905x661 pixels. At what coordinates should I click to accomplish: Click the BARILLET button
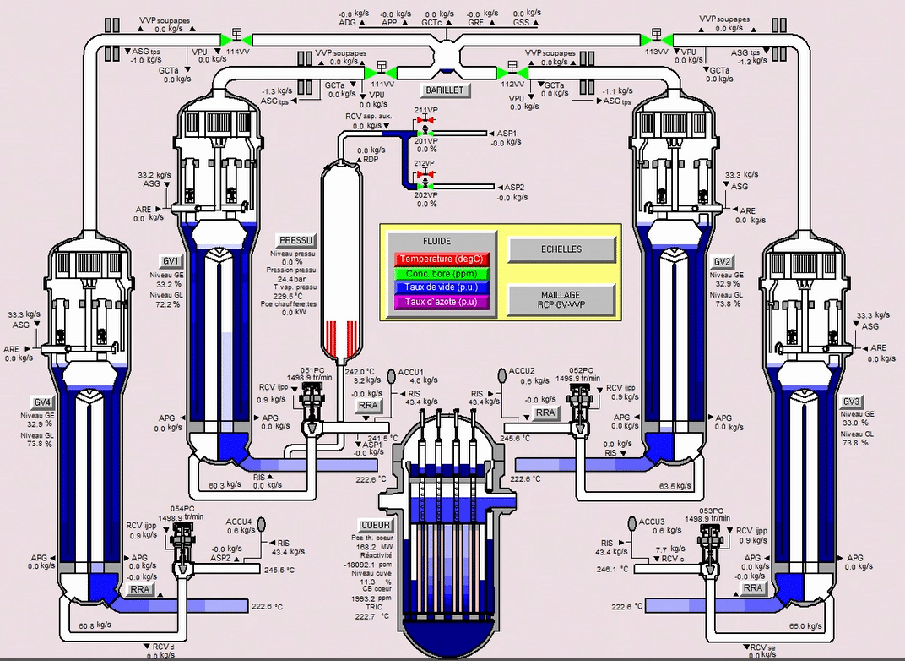[445, 90]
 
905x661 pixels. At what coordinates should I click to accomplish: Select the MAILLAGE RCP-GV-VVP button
[556, 298]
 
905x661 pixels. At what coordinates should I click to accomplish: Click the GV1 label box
[170, 259]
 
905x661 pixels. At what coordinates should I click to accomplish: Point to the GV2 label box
[722, 261]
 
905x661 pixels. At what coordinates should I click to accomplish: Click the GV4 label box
[40, 400]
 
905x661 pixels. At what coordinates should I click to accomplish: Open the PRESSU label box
[295, 240]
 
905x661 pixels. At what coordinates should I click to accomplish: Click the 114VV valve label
[237, 52]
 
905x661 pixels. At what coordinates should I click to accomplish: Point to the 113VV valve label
[656, 52]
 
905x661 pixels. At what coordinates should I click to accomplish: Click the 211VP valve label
[425, 111]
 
